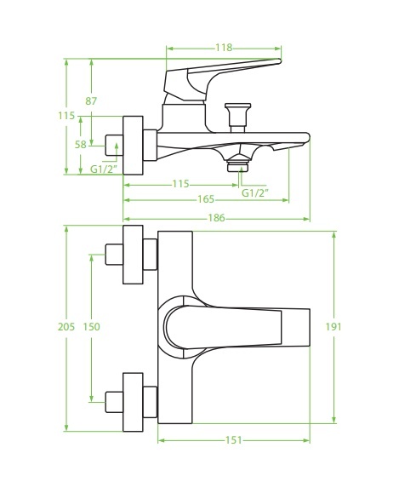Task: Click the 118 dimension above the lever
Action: tap(224, 47)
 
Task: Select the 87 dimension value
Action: tap(91, 101)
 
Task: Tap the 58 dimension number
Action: tap(80, 146)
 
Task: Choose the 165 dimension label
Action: tap(205, 200)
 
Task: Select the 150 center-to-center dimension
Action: tap(93, 327)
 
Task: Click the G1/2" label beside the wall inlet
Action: tap(104, 168)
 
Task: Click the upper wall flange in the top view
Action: tap(134, 254)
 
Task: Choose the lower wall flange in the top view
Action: tap(134, 399)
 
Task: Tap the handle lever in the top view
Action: tap(247, 327)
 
